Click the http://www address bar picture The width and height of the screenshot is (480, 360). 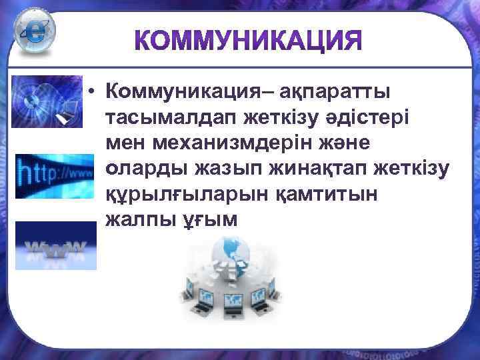(x=55, y=175)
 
